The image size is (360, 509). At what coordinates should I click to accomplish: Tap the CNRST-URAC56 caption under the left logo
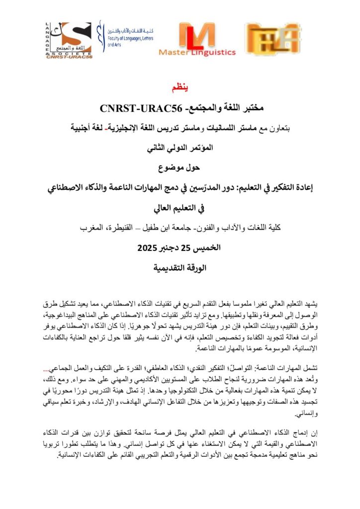(x=70, y=56)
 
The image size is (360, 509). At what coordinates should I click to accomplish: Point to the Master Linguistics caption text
(x=197, y=52)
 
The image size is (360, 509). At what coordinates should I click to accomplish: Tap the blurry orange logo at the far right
(x=273, y=38)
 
